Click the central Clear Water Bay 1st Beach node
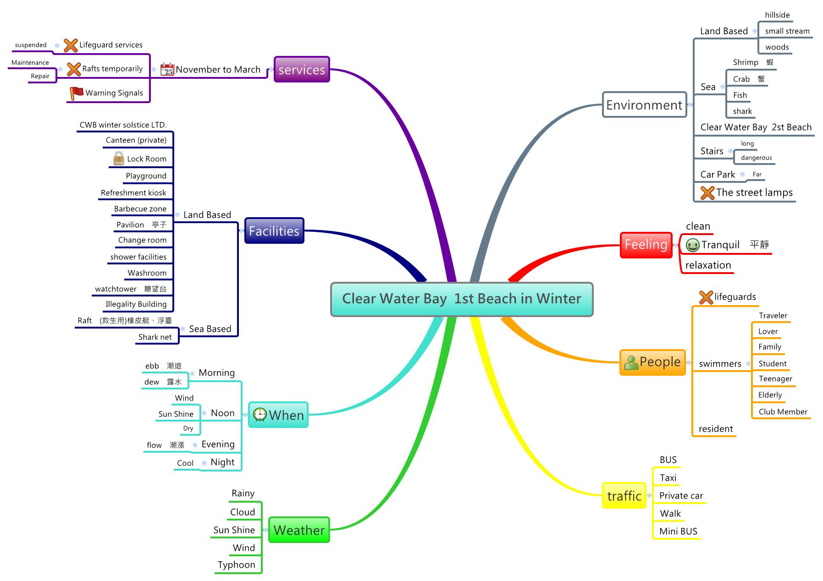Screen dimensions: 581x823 461,299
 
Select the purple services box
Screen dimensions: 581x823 302,70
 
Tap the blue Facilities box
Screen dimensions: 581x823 274,231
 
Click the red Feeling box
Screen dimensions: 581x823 646,245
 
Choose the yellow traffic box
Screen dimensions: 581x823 624,496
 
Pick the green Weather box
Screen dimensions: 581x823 299,530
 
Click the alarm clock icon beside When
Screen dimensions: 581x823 260,415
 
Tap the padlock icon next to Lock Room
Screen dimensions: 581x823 118,159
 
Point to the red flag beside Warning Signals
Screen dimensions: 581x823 76,93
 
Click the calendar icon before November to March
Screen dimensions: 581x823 167,69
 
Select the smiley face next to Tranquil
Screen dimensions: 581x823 692,245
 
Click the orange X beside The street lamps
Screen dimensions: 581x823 707,192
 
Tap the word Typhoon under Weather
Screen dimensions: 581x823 236,565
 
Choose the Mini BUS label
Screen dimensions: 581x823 678,532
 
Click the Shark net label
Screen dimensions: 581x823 155,337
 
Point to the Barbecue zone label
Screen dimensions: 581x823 140,209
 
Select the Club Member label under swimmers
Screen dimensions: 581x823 783,412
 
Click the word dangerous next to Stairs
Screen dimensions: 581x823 756,158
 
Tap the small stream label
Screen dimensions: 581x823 787,31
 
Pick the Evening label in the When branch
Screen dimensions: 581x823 218,444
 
